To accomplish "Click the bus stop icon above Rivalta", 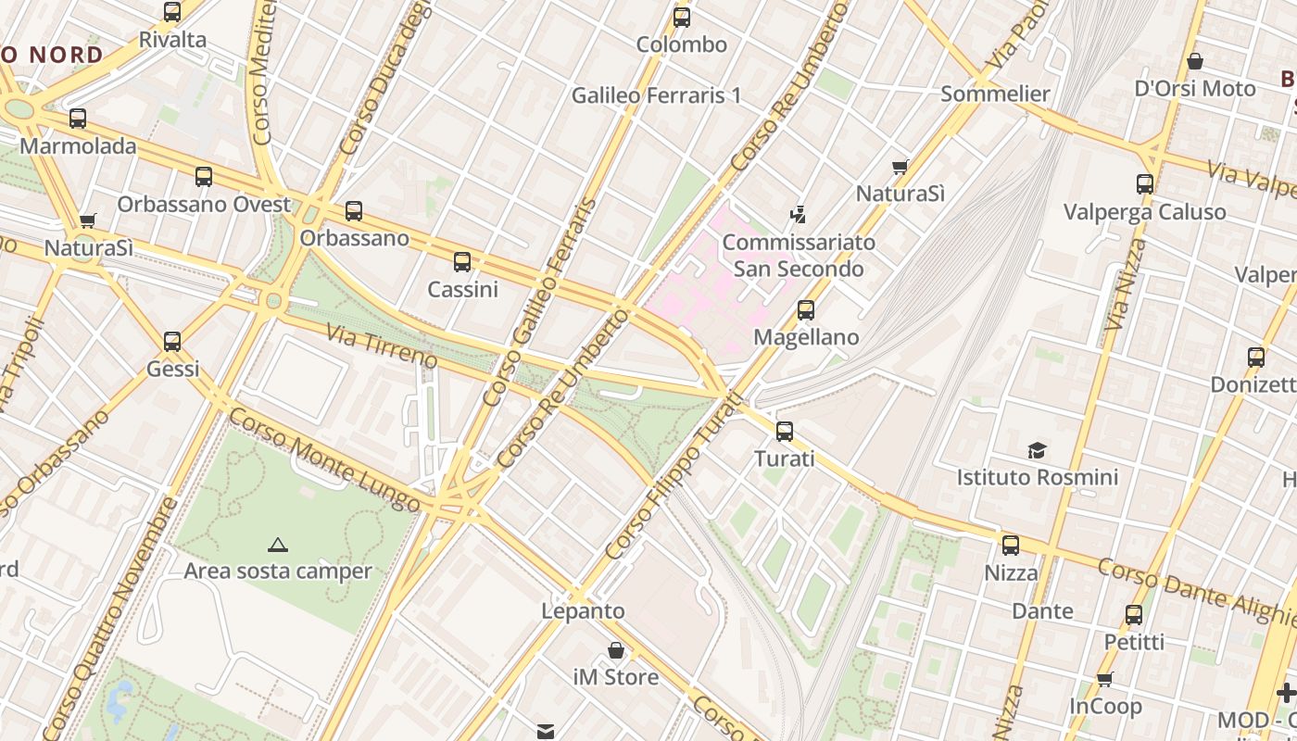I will (x=172, y=12).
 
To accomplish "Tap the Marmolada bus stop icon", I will (x=78, y=119).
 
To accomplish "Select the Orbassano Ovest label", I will (x=204, y=204).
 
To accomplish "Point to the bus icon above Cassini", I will (x=462, y=262).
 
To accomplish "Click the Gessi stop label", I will (x=173, y=369).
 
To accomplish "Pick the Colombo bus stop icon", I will (x=682, y=17).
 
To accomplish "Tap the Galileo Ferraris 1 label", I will (x=656, y=94).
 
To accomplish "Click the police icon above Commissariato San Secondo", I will (x=798, y=215).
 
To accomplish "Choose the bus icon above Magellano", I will (x=806, y=310).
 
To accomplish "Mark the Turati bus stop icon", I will (x=785, y=431).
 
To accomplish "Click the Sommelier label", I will (x=995, y=94).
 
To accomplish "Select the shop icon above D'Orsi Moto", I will (x=1195, y=61).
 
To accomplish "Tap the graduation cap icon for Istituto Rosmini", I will (x=1037, y=451).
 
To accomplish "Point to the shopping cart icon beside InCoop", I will (x=1104, y=680).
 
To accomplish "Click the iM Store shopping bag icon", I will (x=616, y=650).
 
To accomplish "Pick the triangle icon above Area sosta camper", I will (x=277, y=545).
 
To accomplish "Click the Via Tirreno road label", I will (x=381, y=344).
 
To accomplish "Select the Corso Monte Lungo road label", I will (x=323, y=460).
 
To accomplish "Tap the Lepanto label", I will (x=583, y=611).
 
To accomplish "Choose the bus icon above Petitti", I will (x=1134, y=615).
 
